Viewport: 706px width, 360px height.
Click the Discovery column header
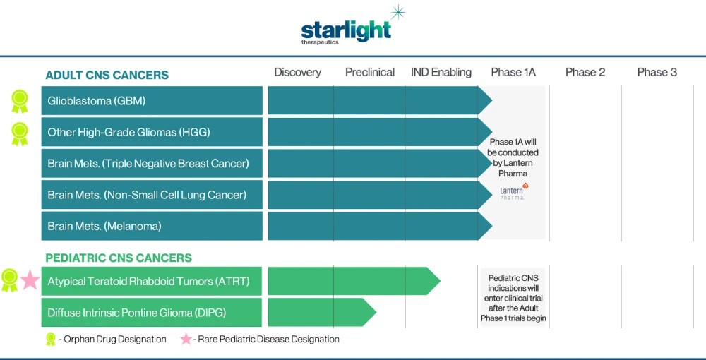297,72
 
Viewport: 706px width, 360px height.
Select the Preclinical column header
369,72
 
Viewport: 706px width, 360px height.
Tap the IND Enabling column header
441,72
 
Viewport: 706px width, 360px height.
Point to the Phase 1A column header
513,72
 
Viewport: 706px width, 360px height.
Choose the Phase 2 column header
585,72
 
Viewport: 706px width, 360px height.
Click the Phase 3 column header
657,72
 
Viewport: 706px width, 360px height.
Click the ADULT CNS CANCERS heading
107,75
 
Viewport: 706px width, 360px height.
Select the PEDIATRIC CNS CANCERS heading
119,258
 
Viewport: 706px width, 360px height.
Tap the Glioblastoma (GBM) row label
97,101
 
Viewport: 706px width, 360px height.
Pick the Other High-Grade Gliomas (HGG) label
128,132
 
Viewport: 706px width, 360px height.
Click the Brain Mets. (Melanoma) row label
104,226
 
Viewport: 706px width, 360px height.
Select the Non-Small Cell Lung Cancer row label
147,195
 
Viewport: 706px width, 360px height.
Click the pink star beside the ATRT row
30,280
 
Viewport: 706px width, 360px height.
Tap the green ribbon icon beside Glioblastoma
19,101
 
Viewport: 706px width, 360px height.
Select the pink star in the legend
186,340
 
